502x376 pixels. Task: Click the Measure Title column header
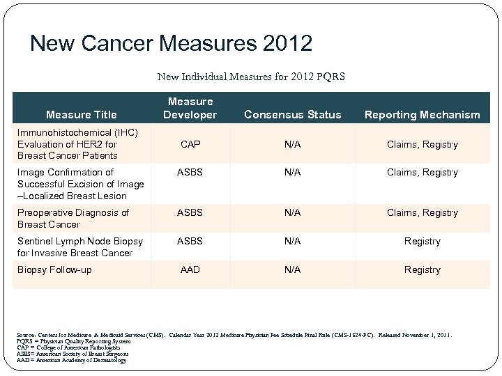pyautogui.click(x=82, y=114)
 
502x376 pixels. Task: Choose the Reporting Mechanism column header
pyautogui.click(x=423, y=114)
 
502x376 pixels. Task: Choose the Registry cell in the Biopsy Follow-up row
pyautogui.click(x=423, y=269)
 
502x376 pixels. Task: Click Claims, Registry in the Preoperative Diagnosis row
pyautogui.click(x=423, y=212)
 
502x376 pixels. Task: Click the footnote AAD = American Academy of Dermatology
pyautogui.click(x=70, y=360)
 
